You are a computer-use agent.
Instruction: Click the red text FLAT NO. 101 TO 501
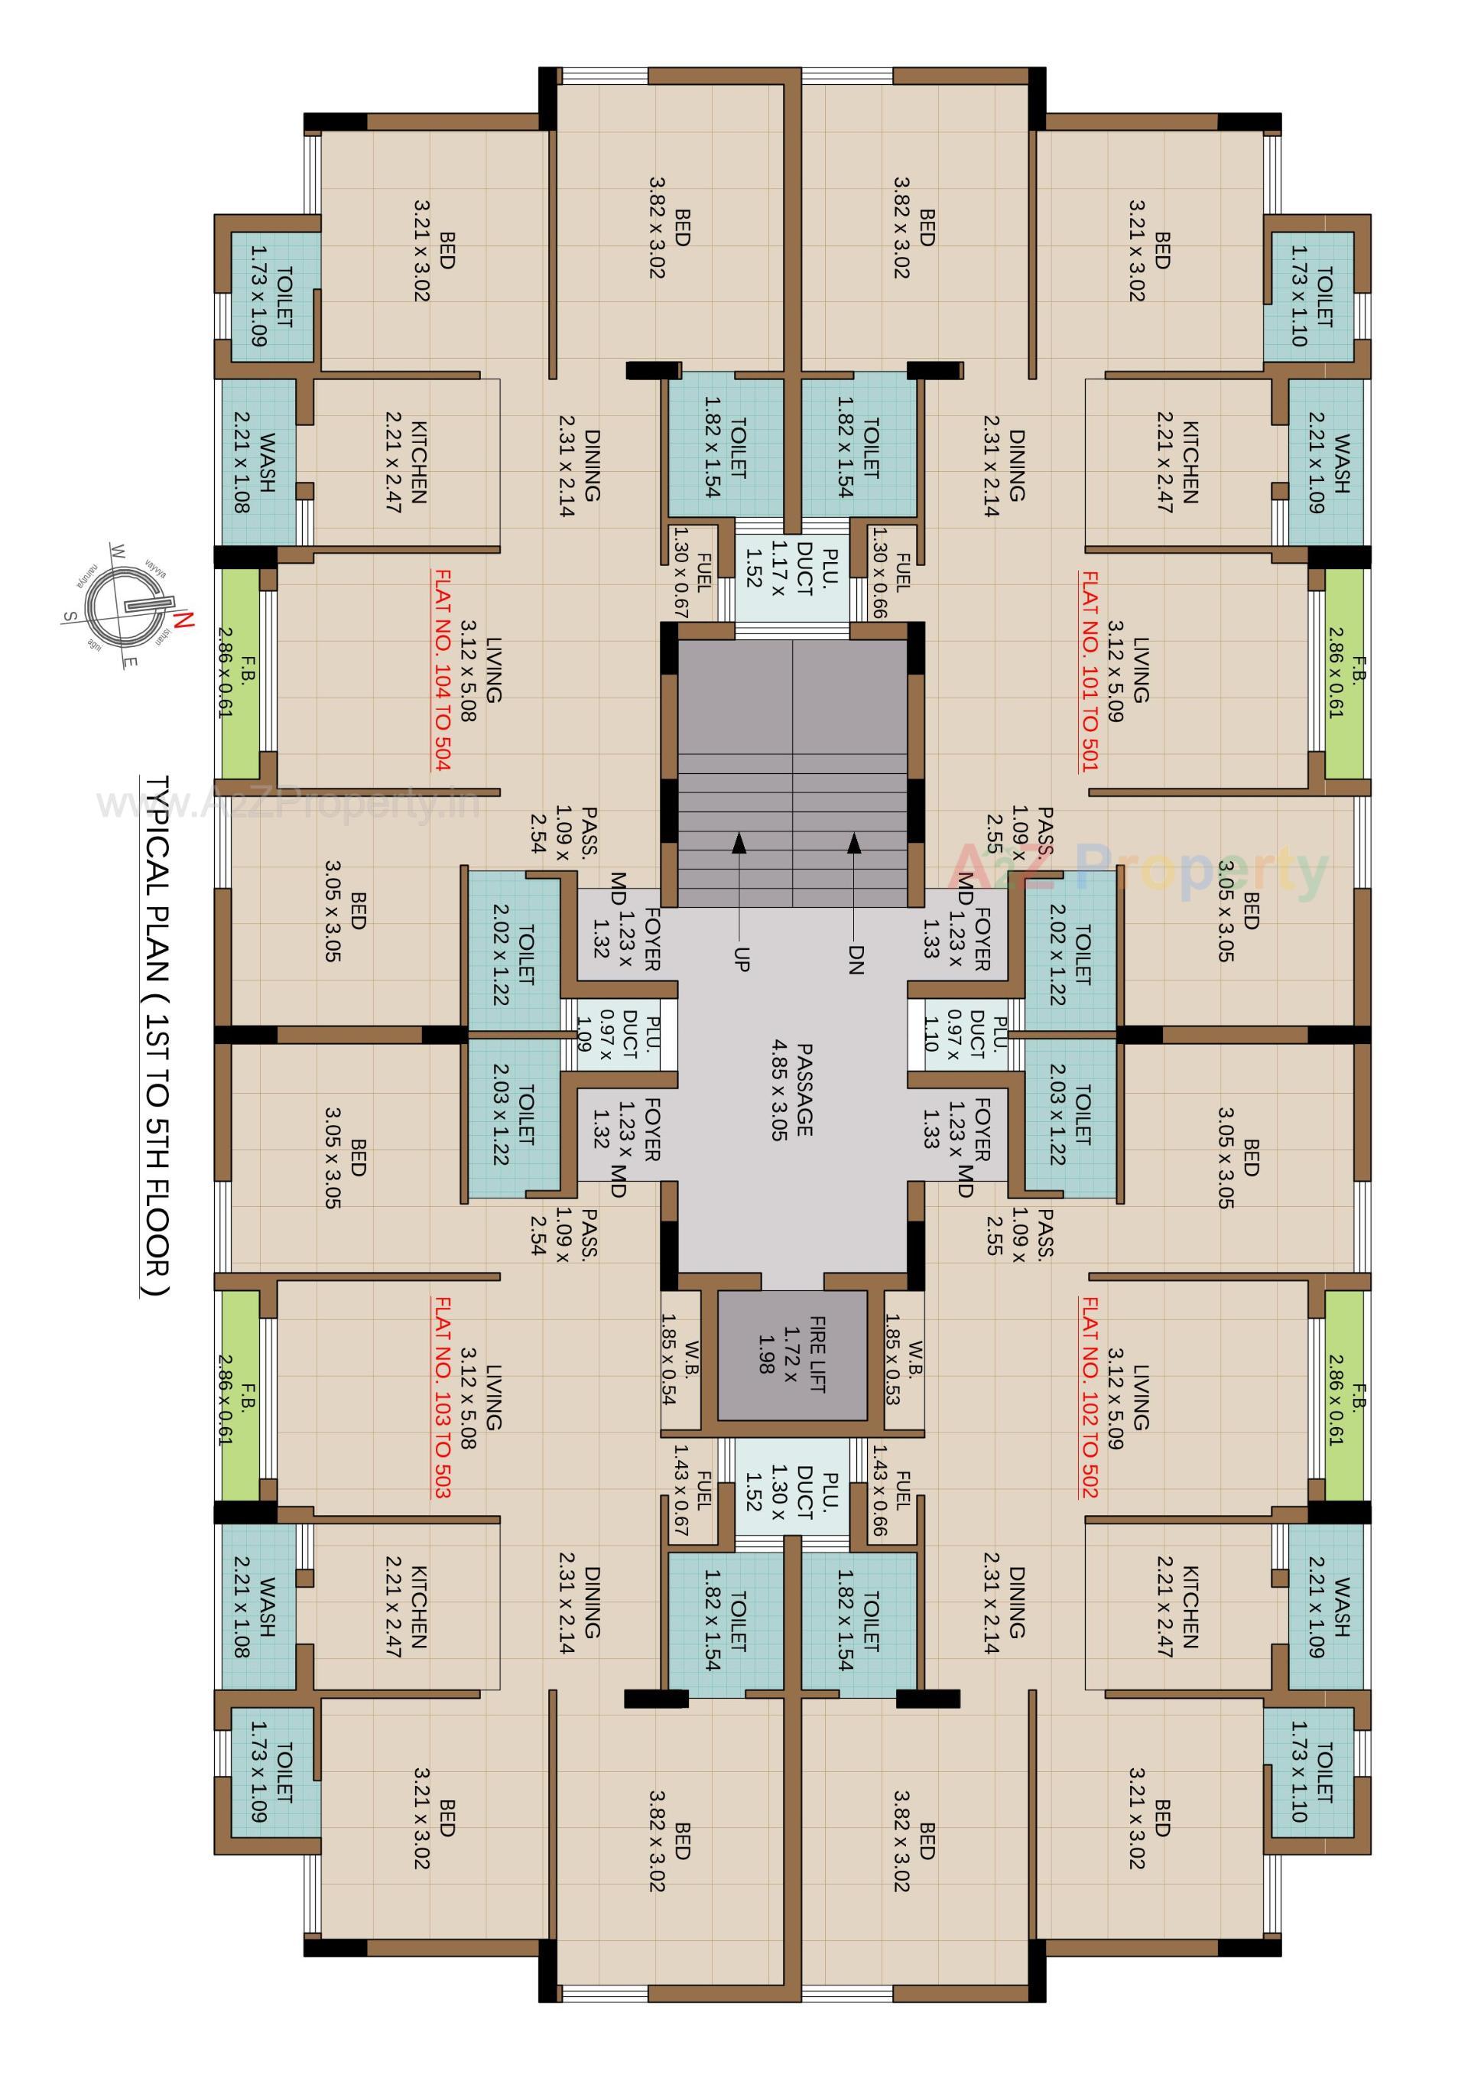point(1090,671)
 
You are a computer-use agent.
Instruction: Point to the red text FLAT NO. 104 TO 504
point(443,671)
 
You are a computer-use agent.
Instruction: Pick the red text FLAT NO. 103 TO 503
point(443,1397)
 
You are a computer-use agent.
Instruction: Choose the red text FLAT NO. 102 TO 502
point(1090,1397)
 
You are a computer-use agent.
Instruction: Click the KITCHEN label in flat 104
point(405,462)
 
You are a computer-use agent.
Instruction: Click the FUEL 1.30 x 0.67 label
point(693,572)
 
